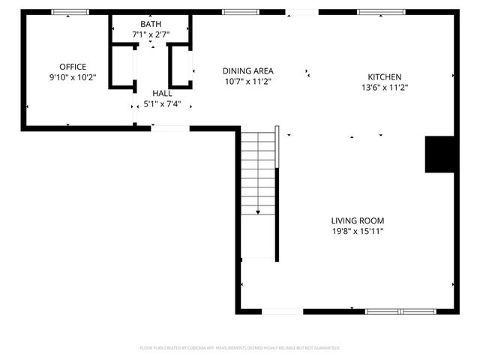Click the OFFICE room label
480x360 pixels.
pyautogui.click(x=73, y=67)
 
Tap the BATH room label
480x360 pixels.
pyautogui.click(x=150, y=25)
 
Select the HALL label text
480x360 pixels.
pyautogui.click(x=161, y=93)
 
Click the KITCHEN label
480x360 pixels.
pyautogui.click(x=384, y=77)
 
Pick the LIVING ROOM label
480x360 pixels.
pyautogui.click(x=358, y=220)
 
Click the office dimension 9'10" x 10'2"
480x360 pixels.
pyautogui.click(x=73, y=77)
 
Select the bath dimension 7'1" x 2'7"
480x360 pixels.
pyautogui.click(x=150, y=34)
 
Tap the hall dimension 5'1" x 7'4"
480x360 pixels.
pyautogui.click(x=161, y=103)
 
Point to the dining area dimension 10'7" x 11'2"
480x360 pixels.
pyautogui.click(x=247, y=82)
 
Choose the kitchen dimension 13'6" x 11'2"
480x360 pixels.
pyautogui.click(x=384, y=87)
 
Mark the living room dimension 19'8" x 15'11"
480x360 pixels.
pyautogui.click(x=358, y=231)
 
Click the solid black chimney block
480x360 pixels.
pyautogui.click(x=439, y=154)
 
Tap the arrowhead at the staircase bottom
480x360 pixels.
pyautogui.click(x=259, y=213)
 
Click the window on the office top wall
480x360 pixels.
pyautogui.click(x=70, y=12)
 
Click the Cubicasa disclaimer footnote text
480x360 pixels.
pyautogui.click(x=240, y=348)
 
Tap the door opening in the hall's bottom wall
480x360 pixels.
pyautogui.click(x=169, y=129)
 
